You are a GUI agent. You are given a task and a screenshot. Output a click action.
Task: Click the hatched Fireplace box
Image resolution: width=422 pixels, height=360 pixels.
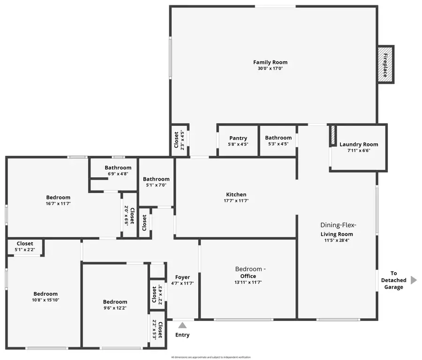[x=385, y=65]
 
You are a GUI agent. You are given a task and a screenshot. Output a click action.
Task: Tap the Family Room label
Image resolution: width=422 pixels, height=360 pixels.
[x=270, y=62]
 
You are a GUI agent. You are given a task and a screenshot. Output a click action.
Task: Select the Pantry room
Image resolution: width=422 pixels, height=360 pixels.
[x=238, y=140]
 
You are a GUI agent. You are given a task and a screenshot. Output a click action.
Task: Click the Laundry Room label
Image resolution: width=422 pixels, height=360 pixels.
[x=359, y=145]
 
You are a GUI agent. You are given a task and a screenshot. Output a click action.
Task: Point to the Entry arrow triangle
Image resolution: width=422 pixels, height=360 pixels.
[x=182, y=325]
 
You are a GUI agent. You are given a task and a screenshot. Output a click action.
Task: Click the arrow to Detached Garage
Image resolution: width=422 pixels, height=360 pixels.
[x=413, y=280]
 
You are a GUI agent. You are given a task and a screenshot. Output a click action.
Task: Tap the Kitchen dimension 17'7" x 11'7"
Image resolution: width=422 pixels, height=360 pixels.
[x=235, y=201]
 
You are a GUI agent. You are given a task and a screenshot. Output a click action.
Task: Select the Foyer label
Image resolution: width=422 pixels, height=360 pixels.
[x=182, y=277]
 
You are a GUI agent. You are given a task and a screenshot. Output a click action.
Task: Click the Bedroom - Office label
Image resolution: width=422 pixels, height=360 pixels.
[x=250, y=269]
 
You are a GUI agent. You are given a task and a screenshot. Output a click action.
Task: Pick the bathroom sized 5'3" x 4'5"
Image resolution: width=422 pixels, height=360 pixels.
[x=278, y=140]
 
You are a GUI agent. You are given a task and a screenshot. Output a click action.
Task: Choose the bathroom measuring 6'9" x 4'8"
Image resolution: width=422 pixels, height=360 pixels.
[x=118, y=170]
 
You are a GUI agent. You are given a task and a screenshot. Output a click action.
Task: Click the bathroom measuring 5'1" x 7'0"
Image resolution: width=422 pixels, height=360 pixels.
[x=156, y=182]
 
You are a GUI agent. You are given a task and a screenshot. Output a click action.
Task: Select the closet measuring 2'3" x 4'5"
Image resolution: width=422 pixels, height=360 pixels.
[x=179, y=139]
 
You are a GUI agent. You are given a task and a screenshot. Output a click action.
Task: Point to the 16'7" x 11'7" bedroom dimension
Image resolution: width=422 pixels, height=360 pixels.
[x=58, y=204]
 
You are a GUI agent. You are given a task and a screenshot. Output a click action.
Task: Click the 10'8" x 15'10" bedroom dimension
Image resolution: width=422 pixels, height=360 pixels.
[x=45, y=300]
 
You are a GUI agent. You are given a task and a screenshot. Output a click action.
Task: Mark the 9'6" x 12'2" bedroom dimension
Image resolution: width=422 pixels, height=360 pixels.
[x=115, y=308]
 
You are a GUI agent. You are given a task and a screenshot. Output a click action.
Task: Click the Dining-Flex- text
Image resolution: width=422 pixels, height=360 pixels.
[x=337, y=225]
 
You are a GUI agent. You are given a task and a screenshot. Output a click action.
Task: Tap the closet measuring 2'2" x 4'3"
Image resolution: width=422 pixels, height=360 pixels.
[x=157, y=294]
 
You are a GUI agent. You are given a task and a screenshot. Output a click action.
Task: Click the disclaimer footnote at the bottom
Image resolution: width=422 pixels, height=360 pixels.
[x=211, y=357]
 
